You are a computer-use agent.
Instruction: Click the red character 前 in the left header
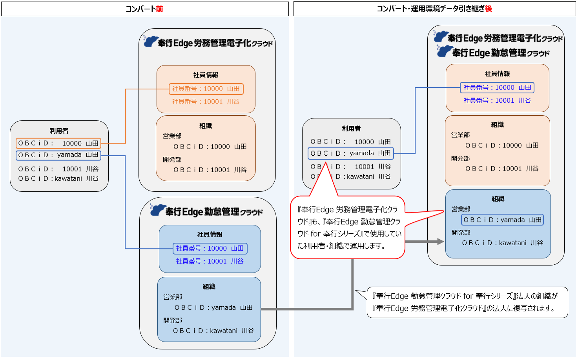pos(159,9)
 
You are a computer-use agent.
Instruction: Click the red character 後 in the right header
pos(488,9)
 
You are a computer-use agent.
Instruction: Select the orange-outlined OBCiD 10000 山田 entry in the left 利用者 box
pos(58,143)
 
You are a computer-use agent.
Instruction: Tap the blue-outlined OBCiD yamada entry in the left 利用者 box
pos(58,155)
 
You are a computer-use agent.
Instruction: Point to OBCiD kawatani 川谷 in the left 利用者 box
pos(58,178)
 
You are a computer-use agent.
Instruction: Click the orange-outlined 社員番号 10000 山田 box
pos(206,89)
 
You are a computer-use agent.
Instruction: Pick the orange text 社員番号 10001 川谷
pos(206,102)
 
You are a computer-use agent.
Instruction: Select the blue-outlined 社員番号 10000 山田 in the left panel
pos(210,248)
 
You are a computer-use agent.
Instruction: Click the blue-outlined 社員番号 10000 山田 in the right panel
pos(497,87)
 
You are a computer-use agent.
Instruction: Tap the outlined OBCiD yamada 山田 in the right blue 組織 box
pos(502,220)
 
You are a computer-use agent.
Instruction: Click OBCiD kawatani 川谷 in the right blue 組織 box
pos(502,243)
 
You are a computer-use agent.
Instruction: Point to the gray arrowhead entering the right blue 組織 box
pos(440,242)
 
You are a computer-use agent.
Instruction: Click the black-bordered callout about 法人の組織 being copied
pos(467,302)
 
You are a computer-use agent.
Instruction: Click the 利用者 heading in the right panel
pos(351,129)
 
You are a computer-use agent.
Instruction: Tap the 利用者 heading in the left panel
pos(59,131)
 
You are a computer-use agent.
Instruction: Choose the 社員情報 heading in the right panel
pos(497,74)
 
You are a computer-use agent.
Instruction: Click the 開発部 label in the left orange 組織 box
pos(172,160)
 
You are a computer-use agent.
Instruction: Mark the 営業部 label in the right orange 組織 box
pos(460,135)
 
